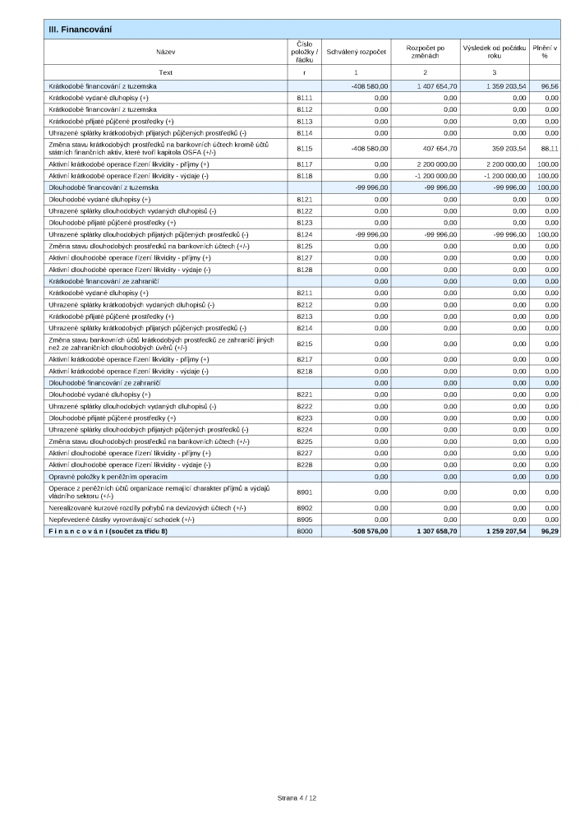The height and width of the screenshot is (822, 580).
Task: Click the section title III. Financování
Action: click(x=81, y=30)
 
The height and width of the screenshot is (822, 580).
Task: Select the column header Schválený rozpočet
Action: click(x=357, y=52)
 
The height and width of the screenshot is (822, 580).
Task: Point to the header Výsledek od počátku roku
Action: click(x=494, y=52)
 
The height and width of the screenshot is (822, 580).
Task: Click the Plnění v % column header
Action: click(x=545, y=52)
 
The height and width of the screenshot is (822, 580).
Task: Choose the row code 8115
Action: click(x=304, y=148)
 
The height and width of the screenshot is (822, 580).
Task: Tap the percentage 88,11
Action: click(x=550, y=148)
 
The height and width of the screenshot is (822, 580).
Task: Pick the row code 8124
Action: click(x=304, y=234)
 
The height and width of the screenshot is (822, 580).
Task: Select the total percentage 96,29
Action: click(x=550, y=532)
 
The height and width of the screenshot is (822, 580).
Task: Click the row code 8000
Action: click(x=304, y=532)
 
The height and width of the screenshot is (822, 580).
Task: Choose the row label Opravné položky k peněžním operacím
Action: click(x=108, y=477)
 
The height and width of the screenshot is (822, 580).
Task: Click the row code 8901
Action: click(x=304, y=492)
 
